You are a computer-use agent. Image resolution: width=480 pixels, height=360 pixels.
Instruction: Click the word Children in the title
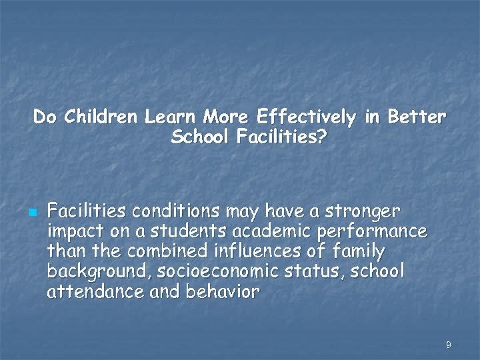click(x=101, y=118)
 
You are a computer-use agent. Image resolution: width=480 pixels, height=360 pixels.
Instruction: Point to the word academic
click(x=257, y=232)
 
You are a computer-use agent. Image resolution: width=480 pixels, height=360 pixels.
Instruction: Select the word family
click(x=359, y=252)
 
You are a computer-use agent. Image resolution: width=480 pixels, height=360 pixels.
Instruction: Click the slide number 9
click(x=448, y=345)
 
